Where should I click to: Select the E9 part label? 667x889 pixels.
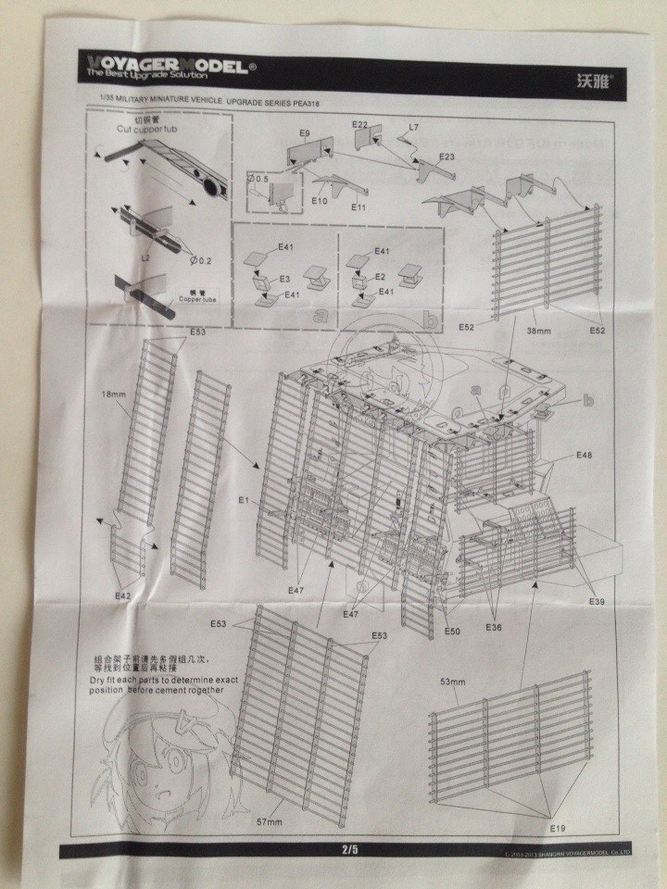point(304,134)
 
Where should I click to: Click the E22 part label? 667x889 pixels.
point(360,125)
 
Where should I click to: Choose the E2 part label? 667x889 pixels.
point(380,277)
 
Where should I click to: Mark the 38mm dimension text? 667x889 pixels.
point(540,330)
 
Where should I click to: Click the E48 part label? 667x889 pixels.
point(584,456)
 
